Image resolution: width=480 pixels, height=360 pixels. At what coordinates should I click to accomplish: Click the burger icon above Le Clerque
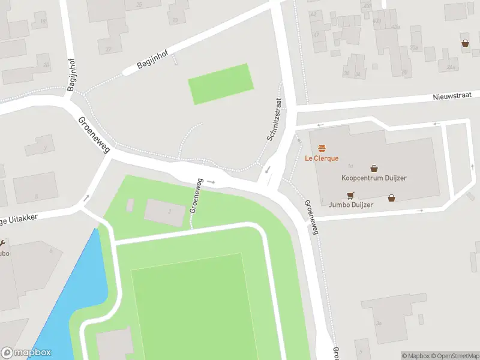pos(322,148)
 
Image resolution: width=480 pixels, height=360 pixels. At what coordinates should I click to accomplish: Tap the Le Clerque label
pos(322,158)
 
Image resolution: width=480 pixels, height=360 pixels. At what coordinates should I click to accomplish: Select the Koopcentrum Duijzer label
pos(374,178)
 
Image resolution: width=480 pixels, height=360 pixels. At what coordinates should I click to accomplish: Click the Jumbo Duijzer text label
pos(351,205)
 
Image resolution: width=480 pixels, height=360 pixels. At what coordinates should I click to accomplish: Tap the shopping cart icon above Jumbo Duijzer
pos(350,194)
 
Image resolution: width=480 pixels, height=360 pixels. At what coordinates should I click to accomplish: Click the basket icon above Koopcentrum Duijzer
pos(374,169)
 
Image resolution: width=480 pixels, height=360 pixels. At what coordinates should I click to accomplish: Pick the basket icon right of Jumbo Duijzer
pos(391,197)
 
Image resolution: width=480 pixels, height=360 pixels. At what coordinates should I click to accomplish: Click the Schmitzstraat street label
pos(273,120)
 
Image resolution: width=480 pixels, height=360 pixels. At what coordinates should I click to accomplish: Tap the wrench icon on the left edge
pos(2,243)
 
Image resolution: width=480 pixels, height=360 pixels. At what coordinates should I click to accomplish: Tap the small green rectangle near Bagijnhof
pos(220,83)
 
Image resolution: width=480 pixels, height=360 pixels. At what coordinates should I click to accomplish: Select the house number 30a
pos(413,47)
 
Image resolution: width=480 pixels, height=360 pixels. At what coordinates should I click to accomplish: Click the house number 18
pos(42,22)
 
